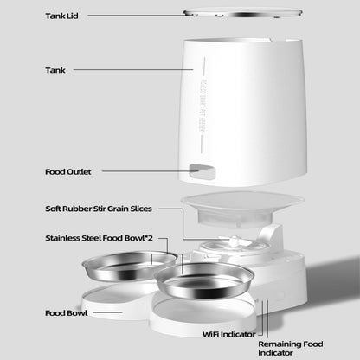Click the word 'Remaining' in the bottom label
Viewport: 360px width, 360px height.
279,344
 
